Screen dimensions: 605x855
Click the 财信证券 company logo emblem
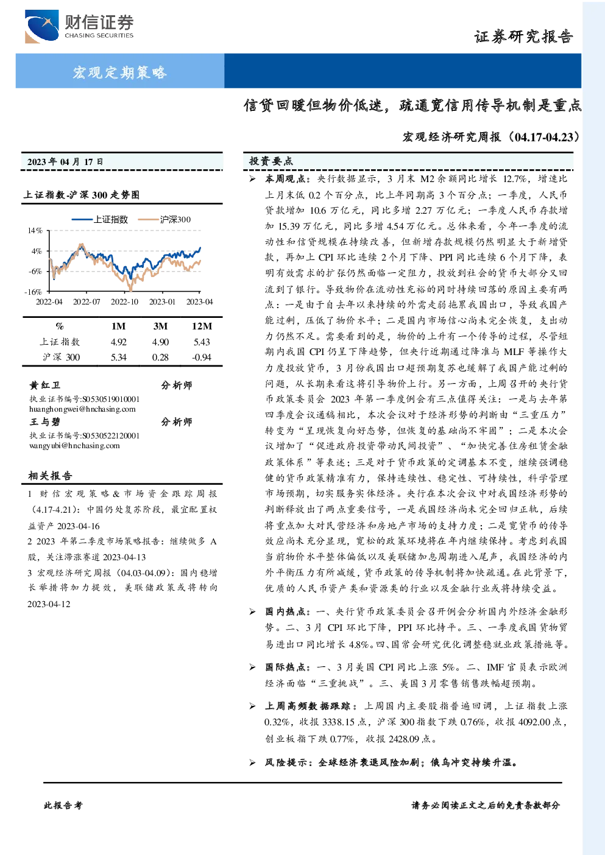point(41,26)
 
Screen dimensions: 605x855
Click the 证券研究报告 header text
point(523,37)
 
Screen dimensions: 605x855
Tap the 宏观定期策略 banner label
point(120,72)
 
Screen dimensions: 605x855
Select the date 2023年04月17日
point(65,162)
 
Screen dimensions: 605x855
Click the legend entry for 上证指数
point(100,219)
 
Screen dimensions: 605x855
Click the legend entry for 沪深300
point(165,219)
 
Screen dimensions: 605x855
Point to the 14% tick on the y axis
point(35,231)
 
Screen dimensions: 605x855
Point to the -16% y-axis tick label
point(34,292)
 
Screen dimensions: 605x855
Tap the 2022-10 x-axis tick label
point(124,301)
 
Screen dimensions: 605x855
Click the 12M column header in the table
point(202,326)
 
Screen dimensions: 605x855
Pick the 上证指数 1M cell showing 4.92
point(118,342)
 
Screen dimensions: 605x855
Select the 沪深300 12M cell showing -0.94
point(201,357)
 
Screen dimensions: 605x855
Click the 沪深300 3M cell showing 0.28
point(160,357)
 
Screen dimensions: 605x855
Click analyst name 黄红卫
point(44,385)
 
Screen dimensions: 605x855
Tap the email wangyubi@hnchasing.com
point(74,445)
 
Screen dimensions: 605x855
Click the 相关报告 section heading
point(50,476)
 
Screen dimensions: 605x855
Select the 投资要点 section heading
point(271,161)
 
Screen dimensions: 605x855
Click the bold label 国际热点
point(285,667)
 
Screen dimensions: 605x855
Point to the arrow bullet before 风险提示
point(252,762)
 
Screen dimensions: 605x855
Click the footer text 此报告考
point(63,805)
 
